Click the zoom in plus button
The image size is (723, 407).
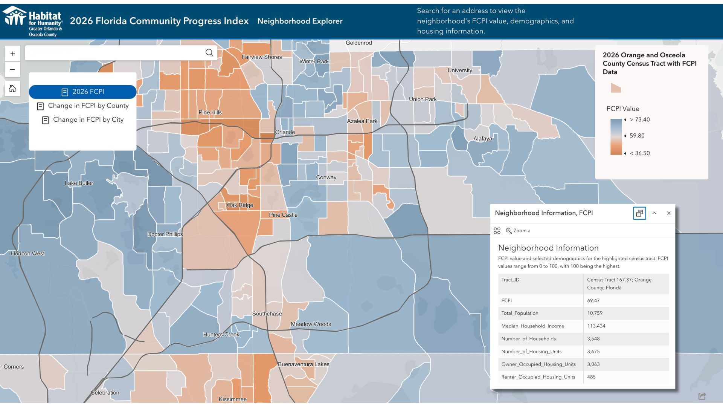click(12, 54)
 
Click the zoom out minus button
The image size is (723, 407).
click(12, 69)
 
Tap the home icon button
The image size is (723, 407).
click(12, 89)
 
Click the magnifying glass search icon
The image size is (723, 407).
click(209, 53)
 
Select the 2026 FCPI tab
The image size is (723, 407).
click(82, 92)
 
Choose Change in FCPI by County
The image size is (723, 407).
click(83, 106)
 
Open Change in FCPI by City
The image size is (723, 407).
click(83, 120)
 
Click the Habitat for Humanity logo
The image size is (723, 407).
click(33, 21)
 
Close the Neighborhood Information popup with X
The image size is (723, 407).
click(669, 213)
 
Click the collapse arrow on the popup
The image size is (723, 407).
click(654, 213)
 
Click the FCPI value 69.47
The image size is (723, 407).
click(593, 300)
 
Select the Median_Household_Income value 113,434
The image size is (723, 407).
click(596, 326)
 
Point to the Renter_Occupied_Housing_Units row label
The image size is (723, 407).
click(538, 377)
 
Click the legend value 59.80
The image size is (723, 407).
click(637, 136)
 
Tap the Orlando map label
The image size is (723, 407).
click(285, 132)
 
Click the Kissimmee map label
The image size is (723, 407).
click(233, 399)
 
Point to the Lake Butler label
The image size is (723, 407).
click(79, 183)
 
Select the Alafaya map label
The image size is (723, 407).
click(483, 139)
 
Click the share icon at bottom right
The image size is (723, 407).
click(702, 396)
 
